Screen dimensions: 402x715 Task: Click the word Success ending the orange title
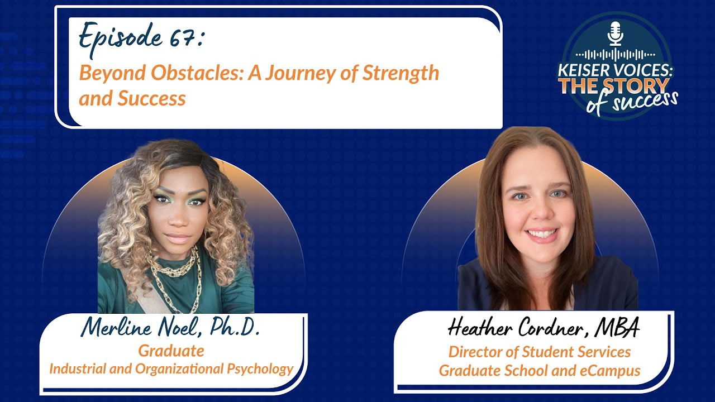point(151,99)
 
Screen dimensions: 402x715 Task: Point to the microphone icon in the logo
point(615,33)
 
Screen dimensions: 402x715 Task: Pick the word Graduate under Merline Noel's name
point(171,351)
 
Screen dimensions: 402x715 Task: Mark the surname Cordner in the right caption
point(550,329)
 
